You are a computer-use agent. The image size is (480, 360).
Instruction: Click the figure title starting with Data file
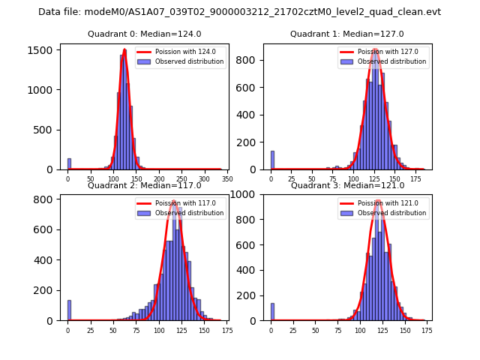pyautogui.click(x=239, y=12)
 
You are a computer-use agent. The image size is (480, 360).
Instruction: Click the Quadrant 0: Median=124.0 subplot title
pyautogui.click(x=144, y=34)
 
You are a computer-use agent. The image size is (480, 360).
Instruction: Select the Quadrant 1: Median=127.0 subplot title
pyautogui.click(x=347, y=34)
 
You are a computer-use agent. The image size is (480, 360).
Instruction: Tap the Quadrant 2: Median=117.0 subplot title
pyautogui.click(x=144, y=185)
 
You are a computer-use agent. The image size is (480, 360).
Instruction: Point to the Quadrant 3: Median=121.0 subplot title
pyautogui.click(x=347, y=185)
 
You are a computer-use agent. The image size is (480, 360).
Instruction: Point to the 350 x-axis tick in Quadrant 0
pyautogui.click(x=226, y=179)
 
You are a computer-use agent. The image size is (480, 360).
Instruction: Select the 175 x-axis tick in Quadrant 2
pyautogui.click(x=226, y=331)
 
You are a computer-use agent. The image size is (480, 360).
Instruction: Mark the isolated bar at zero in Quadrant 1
pyautogui.click(x=272, y=160)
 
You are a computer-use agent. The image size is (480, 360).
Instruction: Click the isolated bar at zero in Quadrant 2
pyautogui.click(x=68, y=310)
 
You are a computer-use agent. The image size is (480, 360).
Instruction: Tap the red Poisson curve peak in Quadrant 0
pyautogui.click(x=124, y=50)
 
